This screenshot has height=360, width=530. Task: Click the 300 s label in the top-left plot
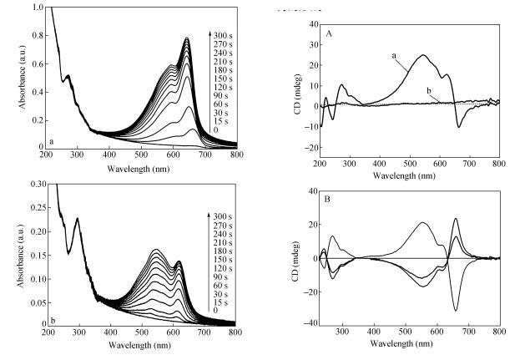pos(221,36)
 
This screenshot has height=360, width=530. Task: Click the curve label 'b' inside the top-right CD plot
pos(428,91)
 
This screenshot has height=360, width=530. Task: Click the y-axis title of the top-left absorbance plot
pos(14,77)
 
